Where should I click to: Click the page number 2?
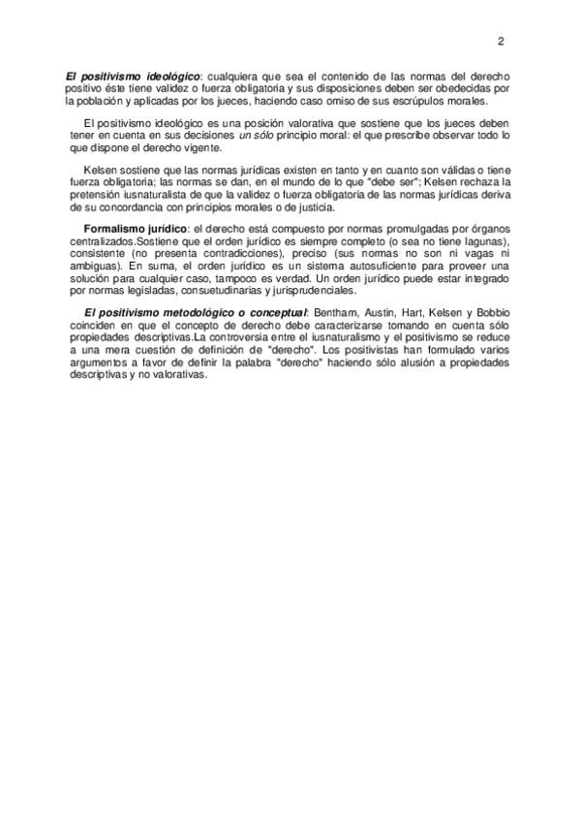tap(501, 41)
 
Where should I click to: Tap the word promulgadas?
tap(407, 227)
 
